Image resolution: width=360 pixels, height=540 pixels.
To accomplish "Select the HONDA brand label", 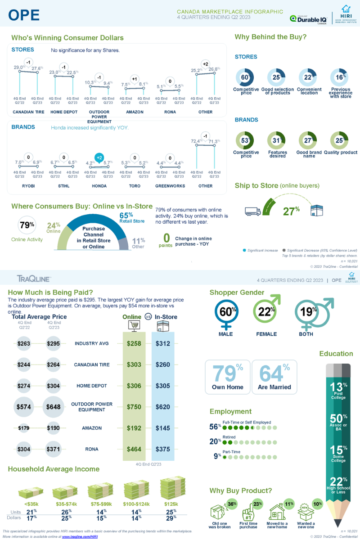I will (99, 186).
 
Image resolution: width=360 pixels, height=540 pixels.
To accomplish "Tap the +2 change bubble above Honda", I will (99, 157).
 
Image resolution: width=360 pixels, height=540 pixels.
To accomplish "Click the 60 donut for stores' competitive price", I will (246, 77).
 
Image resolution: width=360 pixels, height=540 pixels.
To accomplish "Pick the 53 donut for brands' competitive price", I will (246, 140).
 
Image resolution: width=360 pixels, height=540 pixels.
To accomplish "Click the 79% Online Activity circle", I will (27, 225).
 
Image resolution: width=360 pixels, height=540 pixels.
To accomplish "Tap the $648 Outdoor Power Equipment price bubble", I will (53, 407).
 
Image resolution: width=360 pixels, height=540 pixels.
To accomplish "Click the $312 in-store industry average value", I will (163, 344).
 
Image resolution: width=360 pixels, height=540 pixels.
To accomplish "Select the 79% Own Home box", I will (227, 377).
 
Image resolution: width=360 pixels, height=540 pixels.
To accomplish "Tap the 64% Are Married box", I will (274, 377).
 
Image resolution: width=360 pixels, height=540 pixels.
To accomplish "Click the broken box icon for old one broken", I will (219, 512).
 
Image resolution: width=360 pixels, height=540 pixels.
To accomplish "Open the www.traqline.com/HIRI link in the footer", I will (80, 536).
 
